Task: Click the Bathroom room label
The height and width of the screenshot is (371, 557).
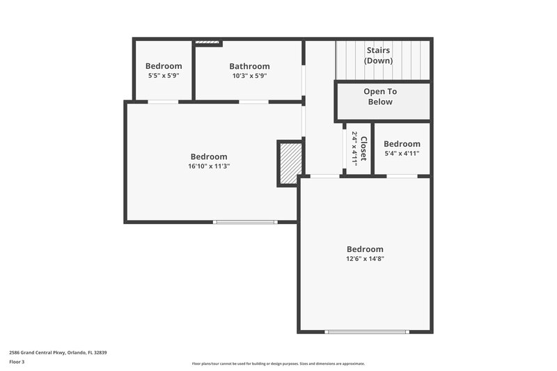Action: click(249, 67)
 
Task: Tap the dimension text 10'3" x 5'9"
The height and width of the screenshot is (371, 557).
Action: click(249, 76)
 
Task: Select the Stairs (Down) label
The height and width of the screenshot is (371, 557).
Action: click(379, 56)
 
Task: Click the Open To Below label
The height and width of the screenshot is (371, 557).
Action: click(380, 97)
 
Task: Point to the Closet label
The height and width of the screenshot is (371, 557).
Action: click(363, 148)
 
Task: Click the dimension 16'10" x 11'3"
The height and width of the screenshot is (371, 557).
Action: click(209, 166)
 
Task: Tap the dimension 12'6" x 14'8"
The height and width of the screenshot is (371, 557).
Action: click(365, 258)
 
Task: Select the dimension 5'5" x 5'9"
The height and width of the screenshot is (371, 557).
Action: click(164, 75)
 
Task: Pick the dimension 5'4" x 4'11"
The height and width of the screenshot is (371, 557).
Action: click(402, 153)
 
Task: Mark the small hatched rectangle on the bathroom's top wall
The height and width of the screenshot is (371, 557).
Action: click(207, 43)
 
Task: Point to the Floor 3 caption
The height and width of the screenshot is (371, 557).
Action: click(17, 362)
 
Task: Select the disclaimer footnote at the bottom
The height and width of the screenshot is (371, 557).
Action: click(278, 363)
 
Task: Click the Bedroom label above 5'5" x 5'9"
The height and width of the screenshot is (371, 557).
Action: click(164, 66)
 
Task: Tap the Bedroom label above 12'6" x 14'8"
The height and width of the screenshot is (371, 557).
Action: click(365, 249)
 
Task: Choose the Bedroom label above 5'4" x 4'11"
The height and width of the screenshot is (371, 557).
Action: click(402, 144)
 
